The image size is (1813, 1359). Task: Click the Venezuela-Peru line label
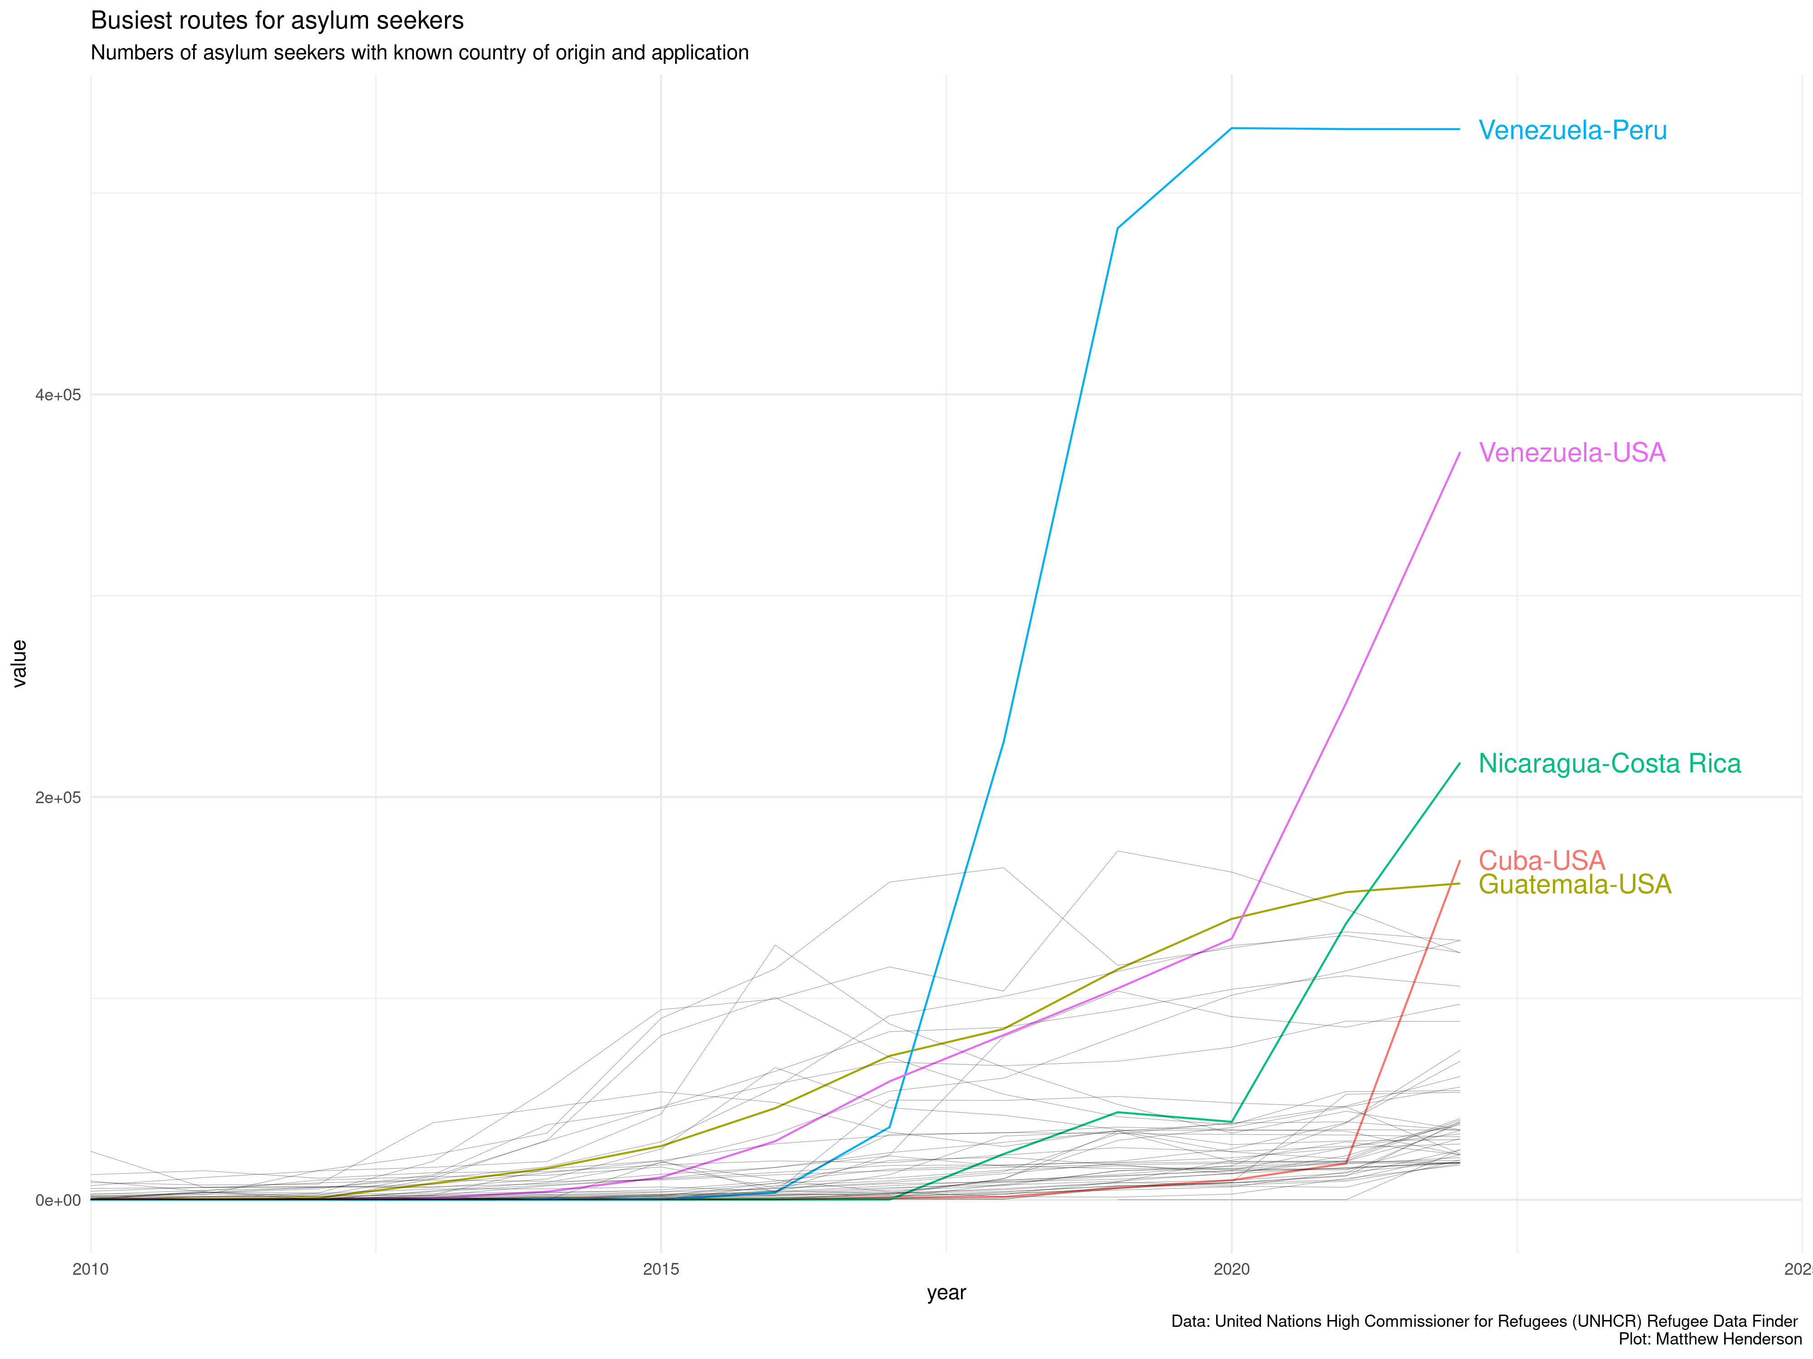click(1572, 130)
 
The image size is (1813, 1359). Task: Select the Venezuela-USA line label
click(1571, 453)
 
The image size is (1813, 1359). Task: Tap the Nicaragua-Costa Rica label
click(1609, 763)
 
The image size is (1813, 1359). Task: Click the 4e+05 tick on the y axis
click(58, 395)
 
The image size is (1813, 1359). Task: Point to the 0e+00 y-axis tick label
click(58, 1200)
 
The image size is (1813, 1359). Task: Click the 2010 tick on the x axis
click(90, 1270)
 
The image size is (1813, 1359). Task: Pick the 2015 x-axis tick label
click(661, 1270)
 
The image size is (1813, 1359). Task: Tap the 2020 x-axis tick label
click(1231, 1270)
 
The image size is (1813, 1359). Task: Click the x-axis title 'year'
click(946, 1293)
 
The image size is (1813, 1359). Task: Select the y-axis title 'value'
click(19, 664)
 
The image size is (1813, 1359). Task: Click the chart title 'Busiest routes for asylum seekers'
click(277, 20)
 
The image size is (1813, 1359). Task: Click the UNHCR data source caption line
click(1483, 1321)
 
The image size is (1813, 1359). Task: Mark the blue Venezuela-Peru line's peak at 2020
click(1231, 128)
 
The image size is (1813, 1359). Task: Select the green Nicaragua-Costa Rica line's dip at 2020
click(1231, 1122)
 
